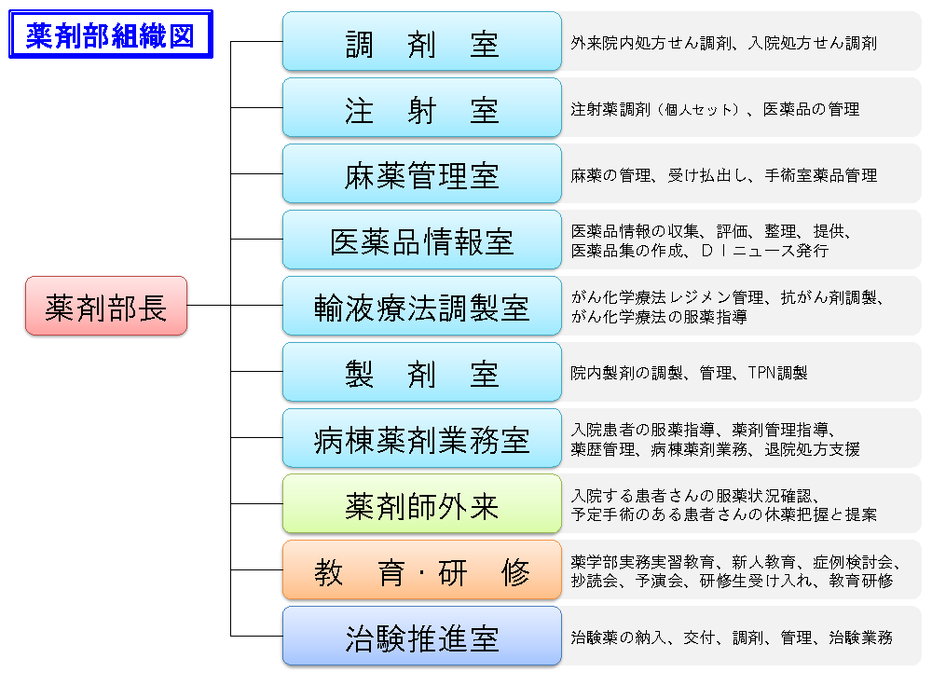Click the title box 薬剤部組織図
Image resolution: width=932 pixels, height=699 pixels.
coord(110,34)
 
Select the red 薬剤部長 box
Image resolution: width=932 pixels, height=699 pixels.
coord(106,306)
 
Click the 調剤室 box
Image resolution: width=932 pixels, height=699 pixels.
coord(421,42)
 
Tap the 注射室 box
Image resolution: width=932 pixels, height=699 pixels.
coord(421,108)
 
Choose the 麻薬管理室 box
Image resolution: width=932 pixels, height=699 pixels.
coord(421,174)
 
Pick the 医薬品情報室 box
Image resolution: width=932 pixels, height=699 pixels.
coord(421,240)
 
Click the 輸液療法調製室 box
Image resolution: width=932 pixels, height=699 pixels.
coord(421,307)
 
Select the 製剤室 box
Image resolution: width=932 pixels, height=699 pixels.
coord(421,373)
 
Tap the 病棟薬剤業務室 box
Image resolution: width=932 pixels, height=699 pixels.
coord(421,439)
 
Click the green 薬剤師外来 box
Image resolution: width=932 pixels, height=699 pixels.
coord(421,505)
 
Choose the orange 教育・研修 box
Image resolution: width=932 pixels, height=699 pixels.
coord(421,571)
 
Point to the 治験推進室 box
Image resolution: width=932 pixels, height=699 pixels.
coord(421,637)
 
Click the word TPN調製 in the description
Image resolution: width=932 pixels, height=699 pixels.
coord(777,373)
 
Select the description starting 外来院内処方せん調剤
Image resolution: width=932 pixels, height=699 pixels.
coord(723,43)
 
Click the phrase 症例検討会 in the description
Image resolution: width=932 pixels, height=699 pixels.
coord(853,562)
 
